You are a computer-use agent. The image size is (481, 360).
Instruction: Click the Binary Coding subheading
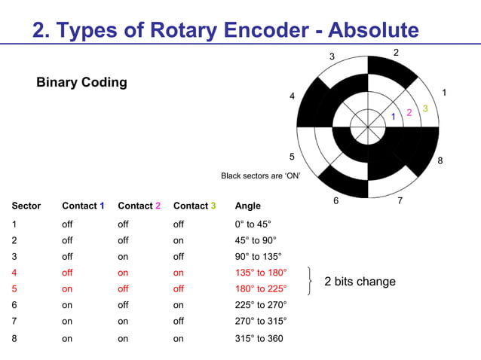[81, 82]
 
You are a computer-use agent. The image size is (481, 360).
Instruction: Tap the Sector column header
[26, 206]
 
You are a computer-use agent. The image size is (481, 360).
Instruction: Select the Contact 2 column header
[139, 206]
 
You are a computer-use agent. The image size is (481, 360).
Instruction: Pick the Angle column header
[248, 206]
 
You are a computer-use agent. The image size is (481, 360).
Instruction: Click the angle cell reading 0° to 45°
[253, 224]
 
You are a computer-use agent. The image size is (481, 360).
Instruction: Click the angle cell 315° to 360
[259, 338]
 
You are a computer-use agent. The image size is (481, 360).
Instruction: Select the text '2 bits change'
[360, 282]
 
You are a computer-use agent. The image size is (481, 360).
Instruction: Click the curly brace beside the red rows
[310, 281]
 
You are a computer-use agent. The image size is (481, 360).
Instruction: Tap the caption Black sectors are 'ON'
[260, 175]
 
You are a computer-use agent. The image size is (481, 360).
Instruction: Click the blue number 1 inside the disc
[393, 117]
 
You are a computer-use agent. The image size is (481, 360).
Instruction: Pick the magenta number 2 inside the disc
[409, 113]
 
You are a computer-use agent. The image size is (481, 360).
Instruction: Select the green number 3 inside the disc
[425, 109]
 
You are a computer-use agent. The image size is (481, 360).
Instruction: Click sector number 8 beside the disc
[440, 160]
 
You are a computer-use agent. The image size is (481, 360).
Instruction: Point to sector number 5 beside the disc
[293, 157]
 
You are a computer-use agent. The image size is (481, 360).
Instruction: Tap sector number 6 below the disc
[335, 201]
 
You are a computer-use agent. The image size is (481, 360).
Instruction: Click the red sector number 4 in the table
[14, 273]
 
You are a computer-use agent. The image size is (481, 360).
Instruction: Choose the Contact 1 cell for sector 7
[67, 322]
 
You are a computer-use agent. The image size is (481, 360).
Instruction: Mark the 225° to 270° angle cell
[261, 305]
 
